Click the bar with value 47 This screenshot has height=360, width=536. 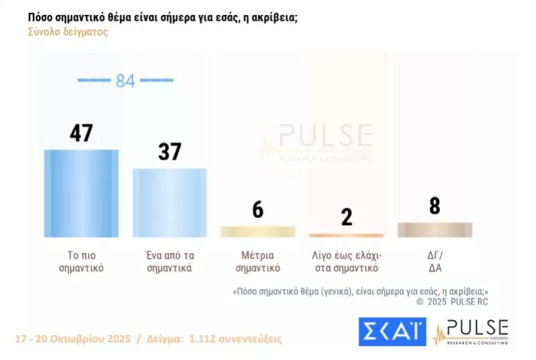pos(81,193)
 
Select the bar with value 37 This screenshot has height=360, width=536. pos(170,202)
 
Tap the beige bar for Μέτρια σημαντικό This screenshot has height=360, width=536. pos(258,231)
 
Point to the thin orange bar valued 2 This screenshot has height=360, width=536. pos(346,235)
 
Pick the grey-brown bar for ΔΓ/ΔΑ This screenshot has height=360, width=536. pos(434,230)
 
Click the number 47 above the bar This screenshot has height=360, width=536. pos(81,133)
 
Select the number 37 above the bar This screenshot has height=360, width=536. pos(169,151)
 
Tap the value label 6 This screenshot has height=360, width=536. pos(258,210)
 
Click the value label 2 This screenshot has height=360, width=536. pos(346,216)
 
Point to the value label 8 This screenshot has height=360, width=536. pos(434,207)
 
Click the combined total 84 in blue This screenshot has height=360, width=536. pos(125,81)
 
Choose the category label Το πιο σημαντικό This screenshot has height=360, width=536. pos(81,262)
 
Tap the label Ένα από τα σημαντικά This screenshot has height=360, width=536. pos(169,262)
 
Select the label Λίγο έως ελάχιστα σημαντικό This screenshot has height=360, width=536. pos(346,262)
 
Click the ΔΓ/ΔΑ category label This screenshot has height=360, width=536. pos(434,262)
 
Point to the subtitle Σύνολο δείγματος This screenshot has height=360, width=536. pos(68,31)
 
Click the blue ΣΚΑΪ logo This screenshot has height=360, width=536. pos(391,331)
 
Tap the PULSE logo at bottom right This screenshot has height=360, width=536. pos(472,332)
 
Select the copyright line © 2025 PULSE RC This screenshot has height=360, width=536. pos(453,302)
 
